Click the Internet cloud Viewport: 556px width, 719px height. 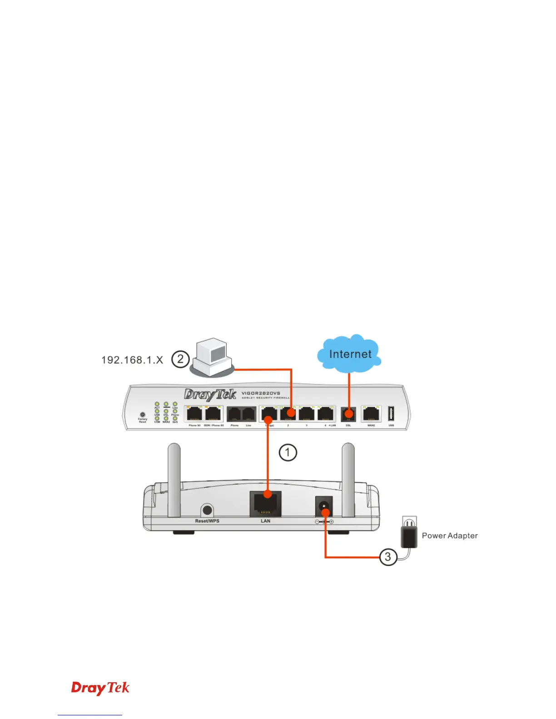pyautogui.click(x=349, y=354)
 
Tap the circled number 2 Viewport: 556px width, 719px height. pyautogui.click(x=180, y=359)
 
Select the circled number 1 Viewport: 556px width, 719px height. pyautogui.click(x=288, y=453)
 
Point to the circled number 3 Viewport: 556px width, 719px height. pyautogui.click(x=388, y=557)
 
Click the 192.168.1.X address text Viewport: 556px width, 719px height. pyautogui.click(x=132, y=360)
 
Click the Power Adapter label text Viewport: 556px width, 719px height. pyautogui.click(x=450, y=536)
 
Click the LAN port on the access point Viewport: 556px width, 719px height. pyautogui.click(x=265, y=504)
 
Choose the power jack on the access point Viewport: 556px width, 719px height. pyautogui.click(x=323, y=506)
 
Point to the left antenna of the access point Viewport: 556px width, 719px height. pyautogui.click(x=174, y=479)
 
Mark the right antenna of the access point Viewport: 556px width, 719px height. pyautogui.click(x=348, y=479)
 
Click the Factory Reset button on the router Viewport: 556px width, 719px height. pyautogui.click(x=143, y=414)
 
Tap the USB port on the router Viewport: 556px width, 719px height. pyautogui.click(x=391, y=414)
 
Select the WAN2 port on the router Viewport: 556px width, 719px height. pyautogui.click(x=371, y=414)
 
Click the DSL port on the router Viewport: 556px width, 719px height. pyautogui.click(x=348, y=414)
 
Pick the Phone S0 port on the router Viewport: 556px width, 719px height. pyautogui.click(x=194, y=414)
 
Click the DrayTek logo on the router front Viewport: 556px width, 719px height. pyautogui.click(x=210, y=394)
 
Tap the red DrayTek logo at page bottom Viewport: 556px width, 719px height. pyautogui.click(x=100, y=688)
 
